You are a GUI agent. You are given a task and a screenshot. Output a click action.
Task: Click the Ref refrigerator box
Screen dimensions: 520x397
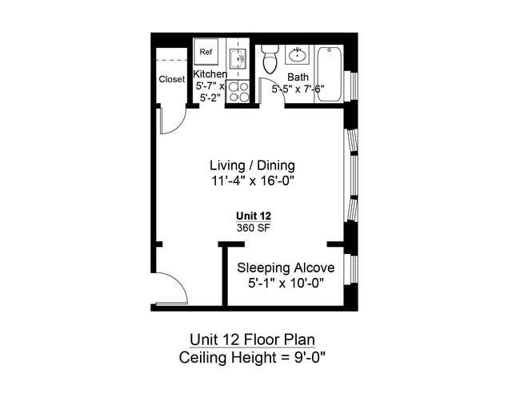(x=206, y=52)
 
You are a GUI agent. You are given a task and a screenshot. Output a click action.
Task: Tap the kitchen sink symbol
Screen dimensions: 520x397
(x=238, y=58)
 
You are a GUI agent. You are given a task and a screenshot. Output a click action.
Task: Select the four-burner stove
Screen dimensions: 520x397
(x=238, y=92)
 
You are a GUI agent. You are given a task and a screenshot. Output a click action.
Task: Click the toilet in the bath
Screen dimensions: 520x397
(x=270, y=59)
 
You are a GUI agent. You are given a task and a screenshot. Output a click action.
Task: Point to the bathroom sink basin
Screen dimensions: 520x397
(x=297, y=54)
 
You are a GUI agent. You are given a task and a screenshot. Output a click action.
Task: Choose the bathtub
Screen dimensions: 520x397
(x=328, y=73)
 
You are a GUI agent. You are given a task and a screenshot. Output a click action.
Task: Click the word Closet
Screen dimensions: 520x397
(x=171, y=79)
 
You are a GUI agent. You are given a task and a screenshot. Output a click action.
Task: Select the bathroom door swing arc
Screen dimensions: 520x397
(x=275, y=85)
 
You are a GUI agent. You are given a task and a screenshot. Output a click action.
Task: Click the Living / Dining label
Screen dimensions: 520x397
(x=252, y=165)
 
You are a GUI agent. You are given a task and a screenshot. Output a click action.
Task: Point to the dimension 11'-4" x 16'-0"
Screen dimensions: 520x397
(x=253, y=181)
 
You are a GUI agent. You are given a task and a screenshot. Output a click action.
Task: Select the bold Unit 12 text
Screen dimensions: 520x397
(x=254, y=216)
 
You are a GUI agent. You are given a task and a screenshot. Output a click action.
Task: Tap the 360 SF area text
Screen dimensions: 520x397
(x=254, y=228)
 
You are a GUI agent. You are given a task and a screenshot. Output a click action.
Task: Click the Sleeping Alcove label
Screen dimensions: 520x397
(x=286, y=268)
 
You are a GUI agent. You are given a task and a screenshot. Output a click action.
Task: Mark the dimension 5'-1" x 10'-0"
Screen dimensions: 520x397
(x=286, y=284)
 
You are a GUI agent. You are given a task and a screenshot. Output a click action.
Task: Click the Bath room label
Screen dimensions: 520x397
(x=298, y=77)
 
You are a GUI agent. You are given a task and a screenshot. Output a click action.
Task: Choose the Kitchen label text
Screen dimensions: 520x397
(x=210, y=73)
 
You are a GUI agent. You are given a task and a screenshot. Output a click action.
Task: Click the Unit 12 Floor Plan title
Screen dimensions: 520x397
(x=252, y=339)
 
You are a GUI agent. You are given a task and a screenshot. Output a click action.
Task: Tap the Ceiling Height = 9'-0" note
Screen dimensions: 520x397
(x=252, y=358)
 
